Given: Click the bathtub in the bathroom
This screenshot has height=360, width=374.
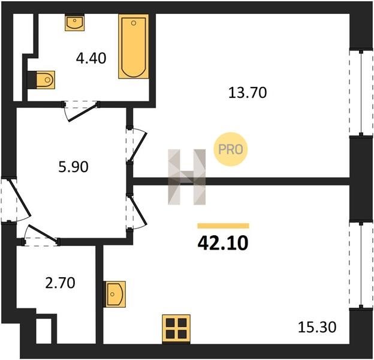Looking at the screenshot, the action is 134,46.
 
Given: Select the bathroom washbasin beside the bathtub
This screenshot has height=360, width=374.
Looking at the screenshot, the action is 75,23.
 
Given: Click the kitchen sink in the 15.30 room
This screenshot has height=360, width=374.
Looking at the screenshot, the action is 114,294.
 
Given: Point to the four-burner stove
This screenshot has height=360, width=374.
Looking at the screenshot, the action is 176,329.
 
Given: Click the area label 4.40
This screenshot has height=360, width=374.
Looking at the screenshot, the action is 91,58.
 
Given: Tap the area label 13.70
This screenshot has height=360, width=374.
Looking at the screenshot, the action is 248,92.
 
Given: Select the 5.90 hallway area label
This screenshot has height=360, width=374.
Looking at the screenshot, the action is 73,167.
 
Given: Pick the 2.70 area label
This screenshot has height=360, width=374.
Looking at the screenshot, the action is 60,283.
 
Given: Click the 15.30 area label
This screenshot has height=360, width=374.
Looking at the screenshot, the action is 317,327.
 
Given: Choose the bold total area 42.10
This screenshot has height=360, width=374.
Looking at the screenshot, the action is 223,243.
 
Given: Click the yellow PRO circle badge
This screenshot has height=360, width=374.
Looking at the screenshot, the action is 230,149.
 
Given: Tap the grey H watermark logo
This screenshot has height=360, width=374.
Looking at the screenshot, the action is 187,177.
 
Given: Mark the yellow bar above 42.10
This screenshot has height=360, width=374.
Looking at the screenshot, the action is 223,226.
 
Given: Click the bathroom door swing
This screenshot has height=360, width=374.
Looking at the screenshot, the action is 81,111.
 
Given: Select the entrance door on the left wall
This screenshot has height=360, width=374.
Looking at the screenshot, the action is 16,200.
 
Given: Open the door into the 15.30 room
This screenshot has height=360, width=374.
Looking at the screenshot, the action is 137,212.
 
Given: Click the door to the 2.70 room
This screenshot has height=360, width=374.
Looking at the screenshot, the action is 41,235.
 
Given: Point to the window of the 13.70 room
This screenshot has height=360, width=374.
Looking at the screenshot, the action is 361,92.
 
